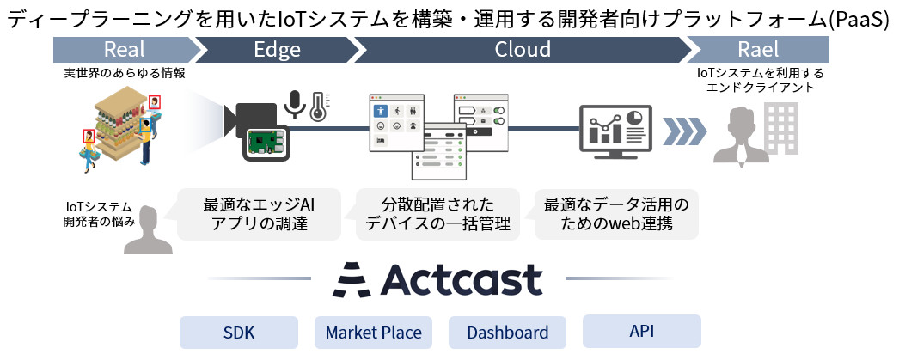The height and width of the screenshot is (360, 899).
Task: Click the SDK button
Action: pos(239,332)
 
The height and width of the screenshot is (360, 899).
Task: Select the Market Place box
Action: pos(373,332)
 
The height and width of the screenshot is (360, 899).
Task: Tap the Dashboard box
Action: pos(507,332)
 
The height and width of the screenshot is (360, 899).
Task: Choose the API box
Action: pos(641,331)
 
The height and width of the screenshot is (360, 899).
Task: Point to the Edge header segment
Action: pos(277,50)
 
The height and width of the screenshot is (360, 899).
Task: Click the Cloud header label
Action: pos(523,50)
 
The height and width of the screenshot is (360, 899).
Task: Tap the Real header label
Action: pos(124,50)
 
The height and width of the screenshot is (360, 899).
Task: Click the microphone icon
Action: pos(296,104)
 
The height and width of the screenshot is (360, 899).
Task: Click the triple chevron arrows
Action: pos(684,131)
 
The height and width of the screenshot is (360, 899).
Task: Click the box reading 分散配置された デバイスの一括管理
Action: pos(437,215)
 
